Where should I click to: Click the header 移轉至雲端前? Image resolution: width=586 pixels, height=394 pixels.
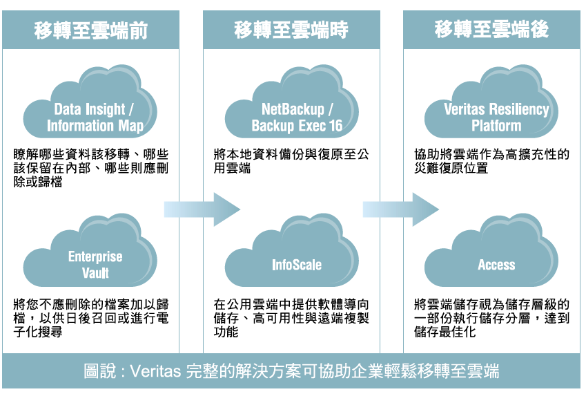[91, 30]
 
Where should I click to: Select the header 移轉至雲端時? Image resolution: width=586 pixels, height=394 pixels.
[291, 30]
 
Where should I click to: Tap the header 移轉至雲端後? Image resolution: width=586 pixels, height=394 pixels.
[491, 30]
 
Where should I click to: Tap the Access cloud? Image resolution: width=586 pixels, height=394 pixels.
[496, 259]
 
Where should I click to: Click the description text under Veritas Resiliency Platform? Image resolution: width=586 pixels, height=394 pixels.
[491, 161]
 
